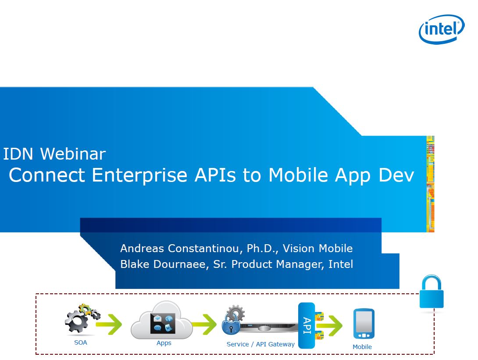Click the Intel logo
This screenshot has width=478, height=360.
click(x=442, y=29)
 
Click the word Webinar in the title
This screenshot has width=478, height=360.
click(x=73, y=153)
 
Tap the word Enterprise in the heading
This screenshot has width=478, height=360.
click(x=139, y=175)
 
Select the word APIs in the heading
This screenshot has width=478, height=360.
click(x=215, y=175)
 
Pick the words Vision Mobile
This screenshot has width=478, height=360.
click(x=317, y=248)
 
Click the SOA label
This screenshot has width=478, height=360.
click(x=81, y=342)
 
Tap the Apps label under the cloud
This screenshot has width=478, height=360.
click(x=164, y=343)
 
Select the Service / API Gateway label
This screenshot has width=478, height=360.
click(x=260, y=344)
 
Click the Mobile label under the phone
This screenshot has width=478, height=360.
click(x=362, y=346)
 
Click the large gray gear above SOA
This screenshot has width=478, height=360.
click(x=76, y=321)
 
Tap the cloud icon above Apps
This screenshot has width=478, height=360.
click(x=161, y=321)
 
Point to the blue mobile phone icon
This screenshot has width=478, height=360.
click(x=364, y=324)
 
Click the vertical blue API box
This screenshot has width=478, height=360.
click(x=307, y=325)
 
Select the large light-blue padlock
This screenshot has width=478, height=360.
click(x=432, y=292)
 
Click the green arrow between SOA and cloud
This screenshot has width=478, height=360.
click(x=109, y=324)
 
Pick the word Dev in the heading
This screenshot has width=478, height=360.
click(x=396, y=175)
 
